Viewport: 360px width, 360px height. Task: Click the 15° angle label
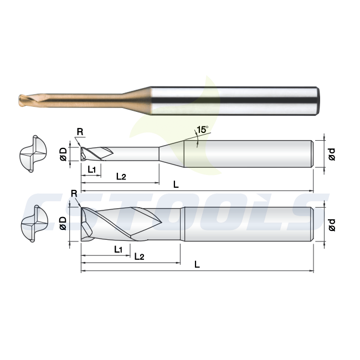pyautogui.click(x=203, y=130)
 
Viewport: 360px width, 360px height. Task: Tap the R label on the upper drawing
pyautogui.click(x=80, y=132)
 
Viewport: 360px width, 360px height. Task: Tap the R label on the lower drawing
pyautogui.click(x=74, y=194)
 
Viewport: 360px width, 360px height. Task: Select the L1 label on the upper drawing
pyautogui.click(x=91, y=169)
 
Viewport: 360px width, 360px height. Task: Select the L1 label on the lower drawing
pyautogui.click(x=118, y=250)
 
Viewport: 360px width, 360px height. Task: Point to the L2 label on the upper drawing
pyautogui.click(x=121, y=176)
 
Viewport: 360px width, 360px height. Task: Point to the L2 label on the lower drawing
pyautogui.click(x=139, y=256)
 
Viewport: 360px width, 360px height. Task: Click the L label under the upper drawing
pyautogui.click(x=176, y=184)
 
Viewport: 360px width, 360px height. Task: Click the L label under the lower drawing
pyautogui.click(x=197, y=265)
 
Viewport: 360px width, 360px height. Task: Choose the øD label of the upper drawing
pyautogui.click(x=63, y=154)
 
